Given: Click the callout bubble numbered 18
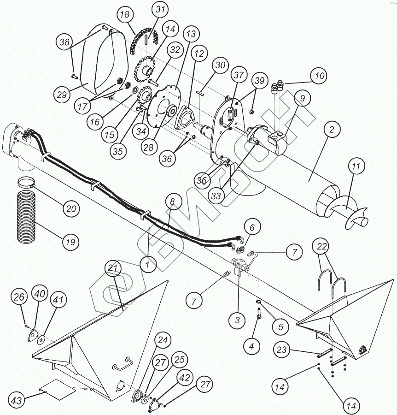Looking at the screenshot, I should [x=125, y=15].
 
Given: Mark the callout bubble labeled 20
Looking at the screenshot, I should [x=70, y=209].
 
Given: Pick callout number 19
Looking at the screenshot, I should [x=70, y=241].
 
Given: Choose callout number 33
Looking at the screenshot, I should [x=217, y=196].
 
